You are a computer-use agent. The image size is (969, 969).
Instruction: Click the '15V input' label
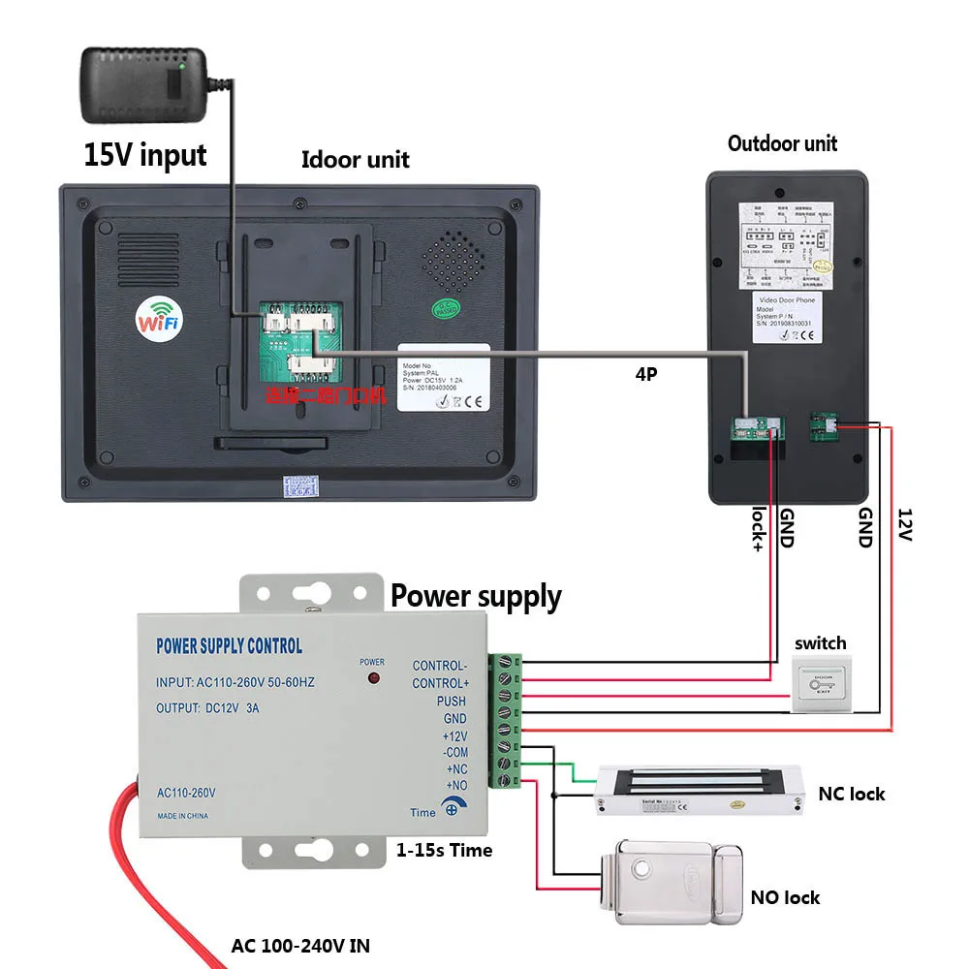pos(145,154)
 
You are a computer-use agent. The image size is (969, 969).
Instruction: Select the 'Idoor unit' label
pos(355,160)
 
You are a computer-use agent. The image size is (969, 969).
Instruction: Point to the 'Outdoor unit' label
pos(782,144)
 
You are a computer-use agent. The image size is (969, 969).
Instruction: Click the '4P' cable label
pos(645,373)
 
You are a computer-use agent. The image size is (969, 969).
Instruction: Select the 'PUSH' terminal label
pos(451,701)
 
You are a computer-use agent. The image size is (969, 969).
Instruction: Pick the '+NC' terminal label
pos(454,768)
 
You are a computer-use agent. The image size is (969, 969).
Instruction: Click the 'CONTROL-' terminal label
pos(439,666)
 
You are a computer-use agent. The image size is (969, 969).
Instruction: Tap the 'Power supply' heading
pos(476,597)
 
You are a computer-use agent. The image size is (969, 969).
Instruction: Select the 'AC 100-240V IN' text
pos(300,945)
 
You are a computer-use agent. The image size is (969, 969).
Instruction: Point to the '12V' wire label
pos(904,525)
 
